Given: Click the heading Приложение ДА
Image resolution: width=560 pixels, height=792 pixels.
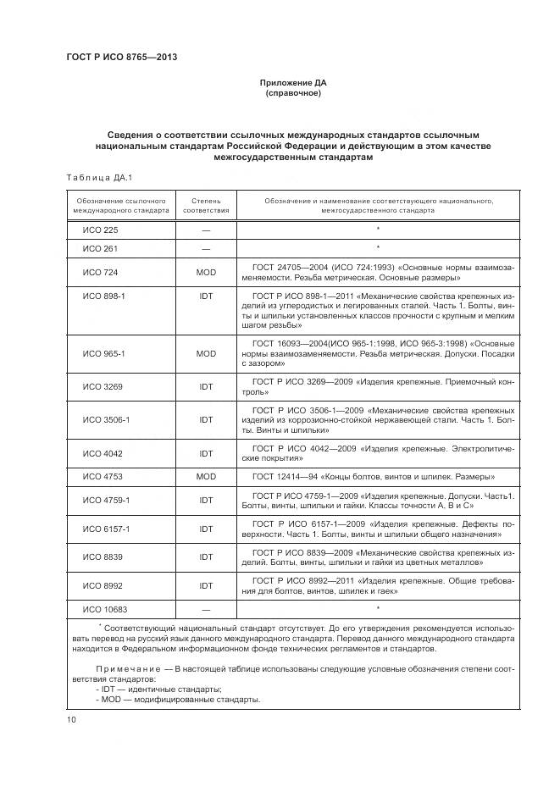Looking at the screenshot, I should coord(292,82).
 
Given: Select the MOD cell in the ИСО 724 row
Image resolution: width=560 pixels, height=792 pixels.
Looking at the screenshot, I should coord(206,272).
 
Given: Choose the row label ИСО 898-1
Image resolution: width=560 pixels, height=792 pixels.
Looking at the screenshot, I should coord(103,296).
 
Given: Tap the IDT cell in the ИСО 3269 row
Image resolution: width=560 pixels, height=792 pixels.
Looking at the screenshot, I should coord(206,385).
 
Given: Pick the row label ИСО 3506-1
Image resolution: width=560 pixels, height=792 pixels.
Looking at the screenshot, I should coord(105,419).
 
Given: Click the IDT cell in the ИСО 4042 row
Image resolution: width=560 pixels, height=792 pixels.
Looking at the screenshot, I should coord(206,453).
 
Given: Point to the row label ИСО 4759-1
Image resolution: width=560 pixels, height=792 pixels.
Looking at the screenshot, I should coord(105,500).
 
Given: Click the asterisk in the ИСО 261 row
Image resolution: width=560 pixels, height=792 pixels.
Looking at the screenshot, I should coord(377,248).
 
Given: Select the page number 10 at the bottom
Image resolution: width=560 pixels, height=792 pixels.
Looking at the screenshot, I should coord(71,719).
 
